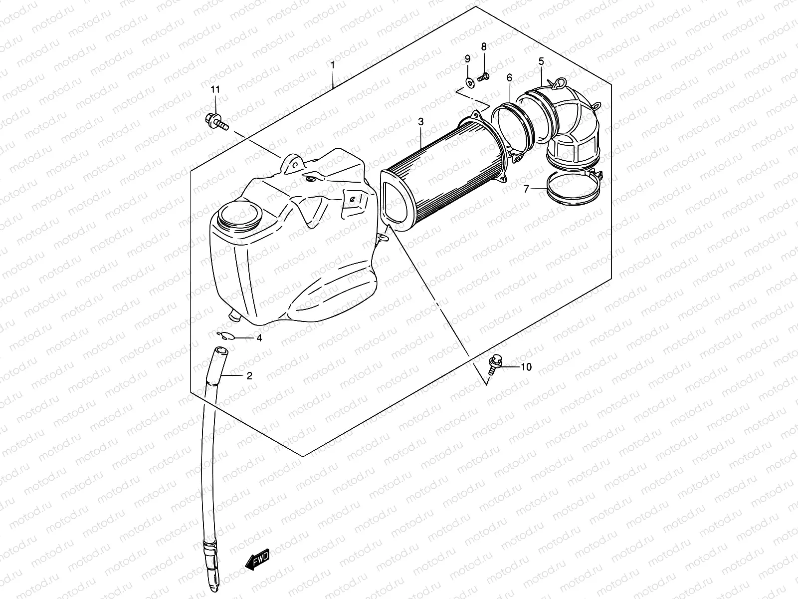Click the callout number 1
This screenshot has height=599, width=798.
pos(332,65)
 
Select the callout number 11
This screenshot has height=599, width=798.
pos(215,90)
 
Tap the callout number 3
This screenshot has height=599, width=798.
pos(420,121)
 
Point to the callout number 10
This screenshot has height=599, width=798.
pos(526,367)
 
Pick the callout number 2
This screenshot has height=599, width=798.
pos(249,376)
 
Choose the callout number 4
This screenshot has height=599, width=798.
pos(259,338)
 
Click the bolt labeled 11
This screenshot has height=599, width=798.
pos(215,120)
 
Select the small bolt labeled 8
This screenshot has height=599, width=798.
pos(483,77)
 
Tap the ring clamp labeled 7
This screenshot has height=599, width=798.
pos(574,190)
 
